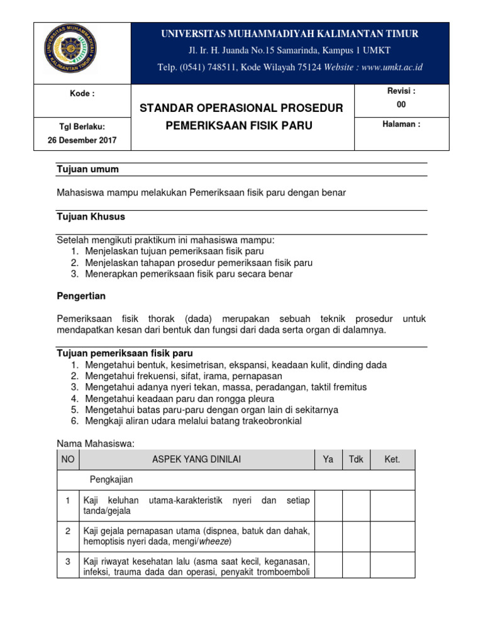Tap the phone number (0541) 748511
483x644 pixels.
204,67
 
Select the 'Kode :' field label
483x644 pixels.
82,94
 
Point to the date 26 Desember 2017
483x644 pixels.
82,140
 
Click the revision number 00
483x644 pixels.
401,105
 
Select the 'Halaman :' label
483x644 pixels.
401,125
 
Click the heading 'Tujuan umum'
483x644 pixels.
88,169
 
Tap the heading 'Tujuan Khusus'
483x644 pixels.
91,216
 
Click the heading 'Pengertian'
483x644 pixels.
82,296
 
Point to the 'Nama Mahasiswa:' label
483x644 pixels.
96,443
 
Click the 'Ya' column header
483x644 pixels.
328,460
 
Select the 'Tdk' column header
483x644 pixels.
356,460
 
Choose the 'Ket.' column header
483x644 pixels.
392,460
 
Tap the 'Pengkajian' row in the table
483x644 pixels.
112,479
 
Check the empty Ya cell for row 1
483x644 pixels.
328,506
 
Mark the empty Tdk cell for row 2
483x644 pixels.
356,536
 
